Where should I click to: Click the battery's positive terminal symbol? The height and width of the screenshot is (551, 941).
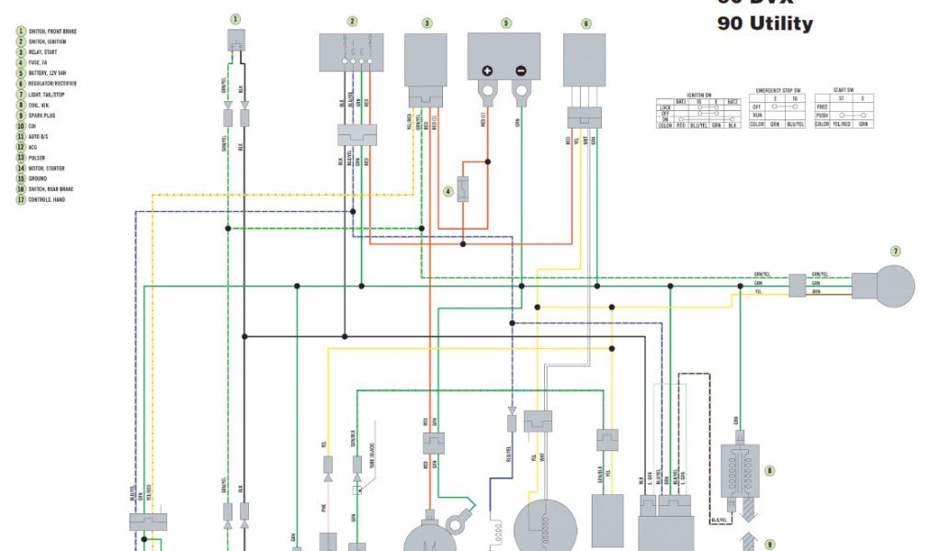click(x=487, y=71)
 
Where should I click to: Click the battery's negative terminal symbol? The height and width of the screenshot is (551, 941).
click(x=520, y=71)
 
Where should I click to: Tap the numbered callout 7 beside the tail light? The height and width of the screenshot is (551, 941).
click(x=895, y=251)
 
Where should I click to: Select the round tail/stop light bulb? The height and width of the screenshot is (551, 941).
click(x=883, y=286)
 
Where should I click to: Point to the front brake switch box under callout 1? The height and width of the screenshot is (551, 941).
click(x=236, y=40)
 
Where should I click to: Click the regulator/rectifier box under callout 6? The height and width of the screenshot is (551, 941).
click(x=585, y=61)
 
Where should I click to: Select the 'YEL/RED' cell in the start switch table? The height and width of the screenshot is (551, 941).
click(x=838, y=124)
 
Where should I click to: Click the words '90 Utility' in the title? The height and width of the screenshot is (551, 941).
click(x=765, y=24)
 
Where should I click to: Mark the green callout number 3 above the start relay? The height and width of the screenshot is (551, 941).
click(x=426, y=23)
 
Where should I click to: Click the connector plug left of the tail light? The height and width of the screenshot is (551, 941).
click(x=796, y=286)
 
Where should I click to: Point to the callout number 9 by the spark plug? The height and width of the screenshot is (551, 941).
click(x=770, y=543)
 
